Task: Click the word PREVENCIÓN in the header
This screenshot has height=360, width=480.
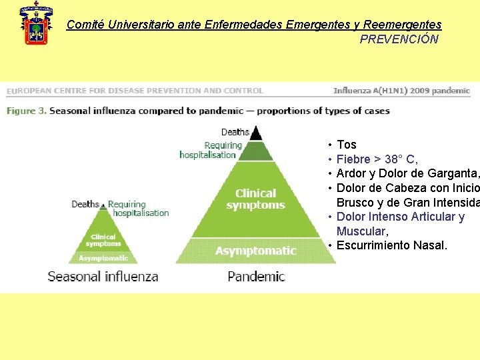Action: tap(399, 39)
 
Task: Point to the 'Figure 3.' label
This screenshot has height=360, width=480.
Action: tap(26, 111)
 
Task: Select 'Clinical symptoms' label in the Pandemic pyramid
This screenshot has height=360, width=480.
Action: tap(255, 199)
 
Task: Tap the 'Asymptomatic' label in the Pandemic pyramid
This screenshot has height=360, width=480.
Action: tap(255, 251)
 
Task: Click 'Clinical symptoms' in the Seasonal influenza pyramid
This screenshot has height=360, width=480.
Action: tap(103, 240)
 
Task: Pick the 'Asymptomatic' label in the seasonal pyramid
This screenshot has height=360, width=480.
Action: tap(103, 258)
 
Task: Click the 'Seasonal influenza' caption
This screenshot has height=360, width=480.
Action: tap(103, 276)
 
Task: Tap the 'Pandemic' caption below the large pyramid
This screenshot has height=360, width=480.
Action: tap(256, 276)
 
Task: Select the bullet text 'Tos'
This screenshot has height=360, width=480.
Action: tap(347, 145)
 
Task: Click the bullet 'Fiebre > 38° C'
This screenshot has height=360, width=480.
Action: tap(377, 159)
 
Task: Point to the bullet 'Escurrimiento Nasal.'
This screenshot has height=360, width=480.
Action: tap(392, 245)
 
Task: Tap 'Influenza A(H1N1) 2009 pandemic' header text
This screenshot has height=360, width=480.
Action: tap(401, 91)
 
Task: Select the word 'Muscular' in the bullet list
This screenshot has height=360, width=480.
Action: tap(361, 231)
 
